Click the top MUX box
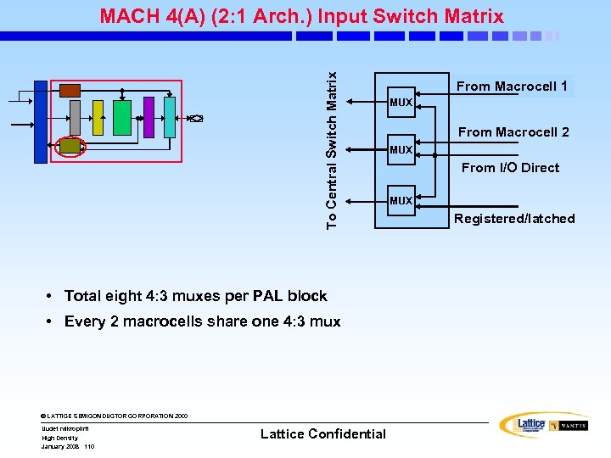tap(401, 103)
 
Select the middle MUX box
tap(401, 150)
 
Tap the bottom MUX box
tap(401, 201)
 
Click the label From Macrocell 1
tap(512, 87)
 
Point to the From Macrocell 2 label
tap(513, 132)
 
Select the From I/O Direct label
tap(510, 168)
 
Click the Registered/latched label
tap(514, 219)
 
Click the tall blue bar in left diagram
tap(41, 121)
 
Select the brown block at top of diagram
tap(70, 91)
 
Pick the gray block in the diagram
tap(75, 117)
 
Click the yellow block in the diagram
tap(98, 117)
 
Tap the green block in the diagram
tap(122, 117)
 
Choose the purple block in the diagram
tap(149, 116)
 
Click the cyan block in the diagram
tap(170, 116)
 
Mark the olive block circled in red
tap(70, 147)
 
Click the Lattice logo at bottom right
tap(522, 425)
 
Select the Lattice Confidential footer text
tap(322, 434)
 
